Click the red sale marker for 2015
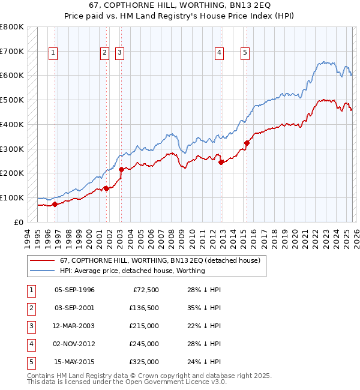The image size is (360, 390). [x=247, y=143]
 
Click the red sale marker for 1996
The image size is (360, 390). [x=55, y=204]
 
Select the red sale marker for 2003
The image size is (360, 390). [x=121, y=169]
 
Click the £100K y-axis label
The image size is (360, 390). [x=12, y=197]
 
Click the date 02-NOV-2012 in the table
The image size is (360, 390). [x=74, y=344]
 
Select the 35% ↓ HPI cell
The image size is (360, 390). [x=200, y=308]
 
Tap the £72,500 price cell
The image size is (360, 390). [x=144, y=290]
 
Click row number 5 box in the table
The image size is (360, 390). [x=31, y=362]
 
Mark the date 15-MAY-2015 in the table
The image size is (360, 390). [x=74, y=362]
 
